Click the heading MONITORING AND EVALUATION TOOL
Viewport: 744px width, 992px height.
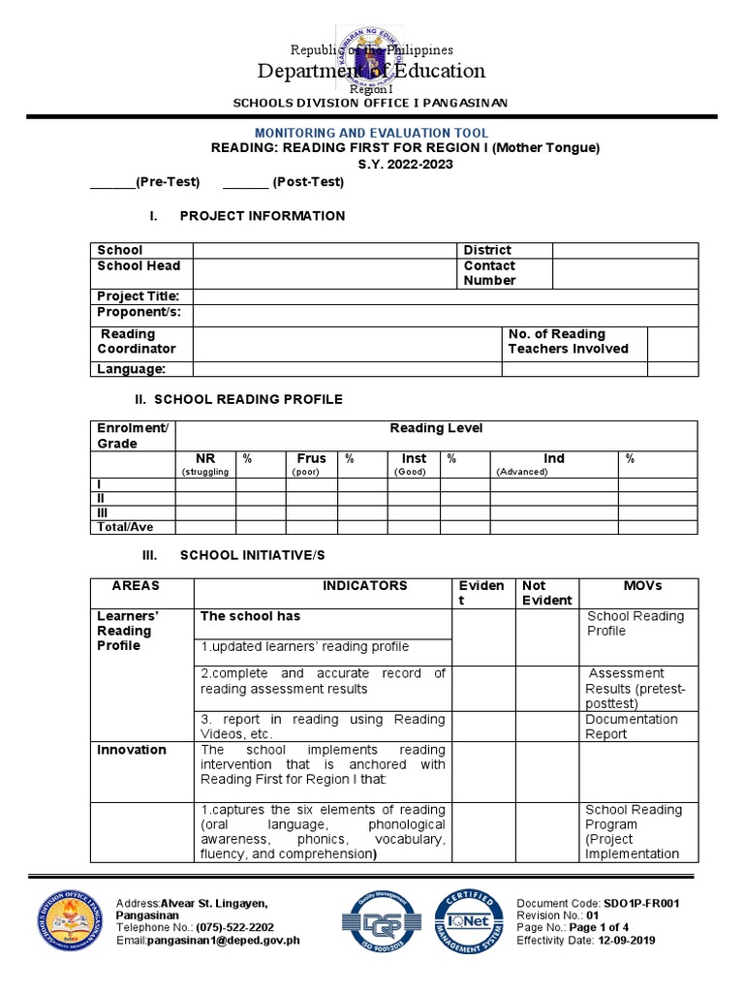point(371,133)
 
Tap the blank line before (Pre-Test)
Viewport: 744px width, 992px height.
point(111,182)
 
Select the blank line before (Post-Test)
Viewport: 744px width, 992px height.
point(245,182)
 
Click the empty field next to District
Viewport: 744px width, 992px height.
point(624,250)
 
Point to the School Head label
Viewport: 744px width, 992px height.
point(139,265)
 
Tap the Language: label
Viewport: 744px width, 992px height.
point(132,369)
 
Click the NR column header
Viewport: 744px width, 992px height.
point(205,458)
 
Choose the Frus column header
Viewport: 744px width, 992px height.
point(311,458)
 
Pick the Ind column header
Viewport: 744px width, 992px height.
point(553,458)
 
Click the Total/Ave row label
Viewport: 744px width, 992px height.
point(124,527)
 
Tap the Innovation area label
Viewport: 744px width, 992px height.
point(132,750)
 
